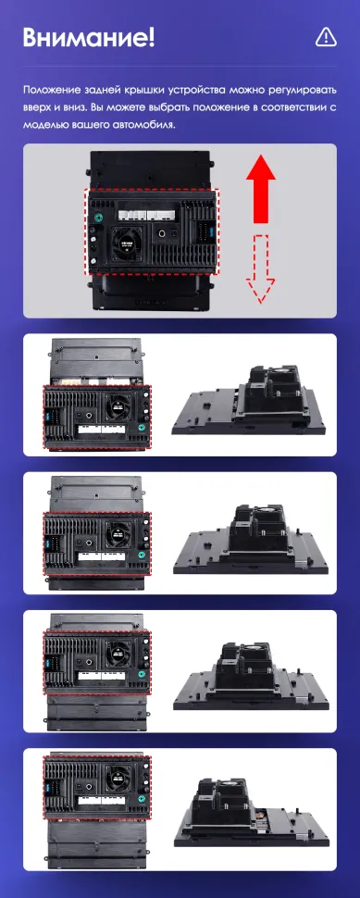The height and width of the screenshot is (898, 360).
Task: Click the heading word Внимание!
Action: point(89,38)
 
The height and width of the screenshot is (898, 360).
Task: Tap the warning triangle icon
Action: point(325,37)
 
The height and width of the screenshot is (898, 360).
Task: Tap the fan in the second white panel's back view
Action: point(118,535)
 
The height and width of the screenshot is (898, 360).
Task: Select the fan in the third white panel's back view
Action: point(118,650)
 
